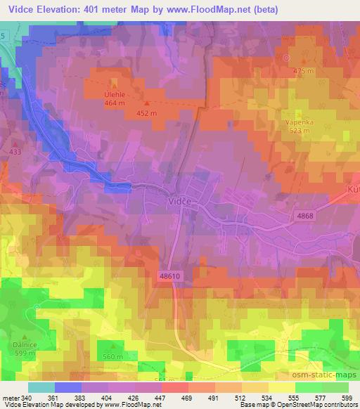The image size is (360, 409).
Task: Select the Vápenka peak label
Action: (x=298, y=122)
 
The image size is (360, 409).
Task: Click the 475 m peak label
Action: (x=302, y=71)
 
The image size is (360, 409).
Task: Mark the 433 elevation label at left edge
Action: (x=15, y=151)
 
